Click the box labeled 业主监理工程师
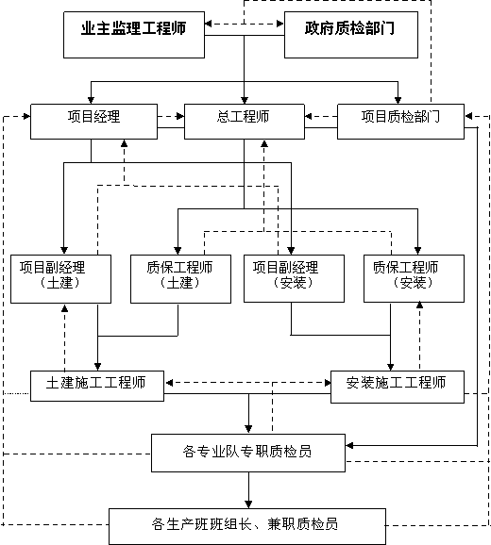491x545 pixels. tap(134, 35)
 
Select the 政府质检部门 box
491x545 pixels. tap(351, 35)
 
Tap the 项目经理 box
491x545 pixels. tap(94, 122)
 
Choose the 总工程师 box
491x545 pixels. tap(245, 122)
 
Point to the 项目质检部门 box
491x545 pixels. tap(400, 122)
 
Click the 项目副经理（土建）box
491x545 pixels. tap(60, 279)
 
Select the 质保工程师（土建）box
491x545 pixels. tap(180, 279)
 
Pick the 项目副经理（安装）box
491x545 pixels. tap(294, 278)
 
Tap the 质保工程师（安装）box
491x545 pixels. tap(414, 278)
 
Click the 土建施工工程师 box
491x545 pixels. tap(97, 387)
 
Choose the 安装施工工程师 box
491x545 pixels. tap(398, 387)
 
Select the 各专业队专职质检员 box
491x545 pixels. tap(248, 453)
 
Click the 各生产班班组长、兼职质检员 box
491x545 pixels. tap(247, 526)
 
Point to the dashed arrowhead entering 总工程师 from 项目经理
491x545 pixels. tap(180, 116)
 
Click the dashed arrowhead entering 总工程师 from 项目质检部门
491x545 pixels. tap(309, 116)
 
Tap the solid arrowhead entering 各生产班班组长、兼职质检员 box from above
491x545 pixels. tap(248, 504)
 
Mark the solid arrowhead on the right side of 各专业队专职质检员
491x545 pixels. tap(349, 445)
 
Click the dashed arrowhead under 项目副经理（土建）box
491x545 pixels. tap(65, 308)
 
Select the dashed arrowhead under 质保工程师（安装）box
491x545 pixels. tap(419, 306)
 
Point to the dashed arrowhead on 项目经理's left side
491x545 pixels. tap(26, 116)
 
